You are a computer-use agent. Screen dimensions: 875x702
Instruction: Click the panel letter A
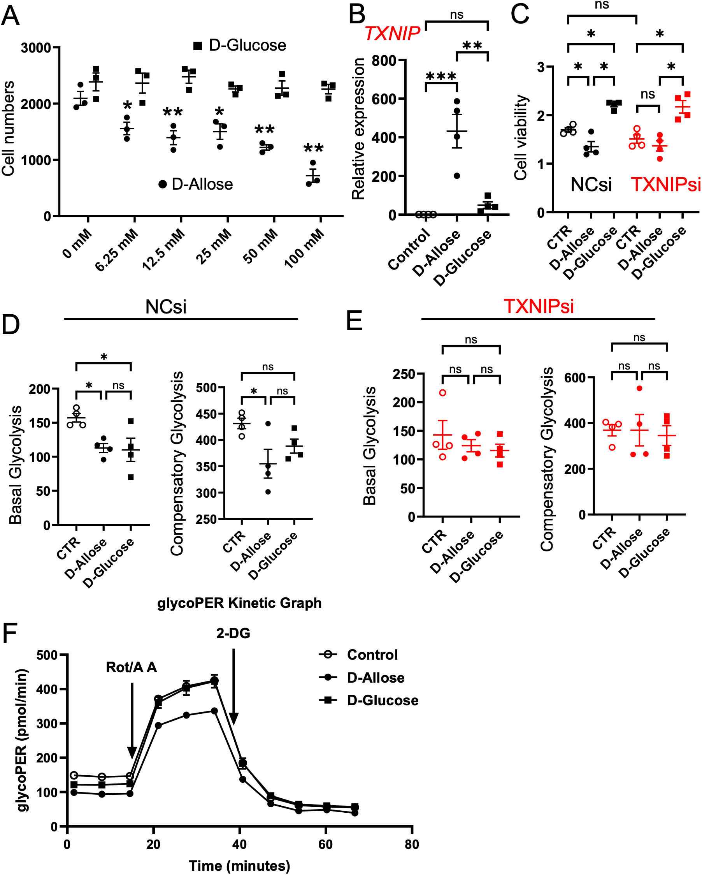[10, 16]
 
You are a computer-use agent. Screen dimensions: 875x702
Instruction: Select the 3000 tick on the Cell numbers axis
[36, 48]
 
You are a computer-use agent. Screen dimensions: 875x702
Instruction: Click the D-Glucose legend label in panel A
[247, 46]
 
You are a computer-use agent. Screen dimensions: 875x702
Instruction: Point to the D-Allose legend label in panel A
[202, 185]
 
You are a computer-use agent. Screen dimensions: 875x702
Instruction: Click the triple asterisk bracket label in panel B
[441, 76]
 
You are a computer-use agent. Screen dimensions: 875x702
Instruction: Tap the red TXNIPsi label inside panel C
[665, 185]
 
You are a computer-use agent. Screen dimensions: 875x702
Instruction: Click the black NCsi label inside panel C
[590, 185]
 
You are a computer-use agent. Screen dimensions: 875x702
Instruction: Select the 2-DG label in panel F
[233, 633]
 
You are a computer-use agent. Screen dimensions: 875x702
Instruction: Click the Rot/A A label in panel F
[131, 667]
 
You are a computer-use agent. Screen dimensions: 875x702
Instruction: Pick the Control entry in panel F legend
[372, 655]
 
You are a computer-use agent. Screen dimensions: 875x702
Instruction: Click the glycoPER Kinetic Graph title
[239, 603]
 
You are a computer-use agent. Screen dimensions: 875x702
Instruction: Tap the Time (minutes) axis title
[239, 865]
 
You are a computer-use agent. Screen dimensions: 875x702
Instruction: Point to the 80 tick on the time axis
[412, 844]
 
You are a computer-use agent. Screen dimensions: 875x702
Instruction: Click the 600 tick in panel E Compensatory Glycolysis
[575, 378]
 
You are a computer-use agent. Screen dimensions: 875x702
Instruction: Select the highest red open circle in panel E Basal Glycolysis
[443, 393]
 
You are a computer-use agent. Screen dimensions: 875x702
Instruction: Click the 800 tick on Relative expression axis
[384, 61]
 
